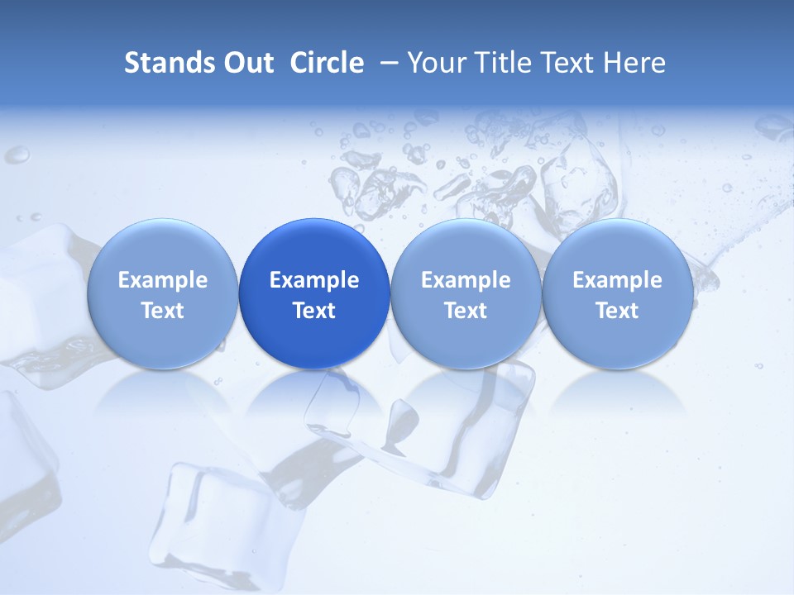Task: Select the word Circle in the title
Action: [327, 63]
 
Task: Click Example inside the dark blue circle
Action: [314, 280]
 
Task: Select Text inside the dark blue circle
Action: [314, 311]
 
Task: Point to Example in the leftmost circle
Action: [162, 280]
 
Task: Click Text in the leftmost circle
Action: [162, 311]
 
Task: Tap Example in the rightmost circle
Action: [617, 280]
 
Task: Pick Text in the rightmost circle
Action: [617, 311]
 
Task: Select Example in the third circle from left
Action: [466, 280]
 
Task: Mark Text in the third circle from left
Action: [466, 311]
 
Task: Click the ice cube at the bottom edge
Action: [219, 529]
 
